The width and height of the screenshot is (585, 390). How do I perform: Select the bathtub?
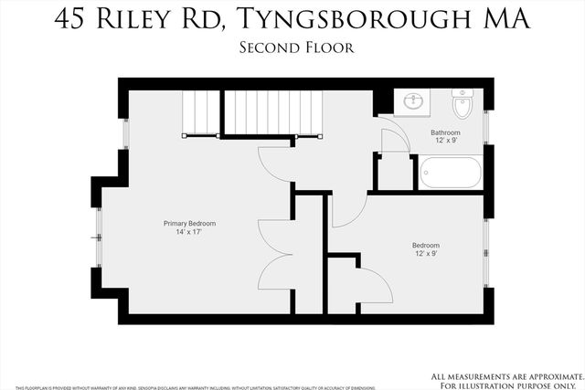(450, 173)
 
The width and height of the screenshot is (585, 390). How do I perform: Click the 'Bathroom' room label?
(445, 132)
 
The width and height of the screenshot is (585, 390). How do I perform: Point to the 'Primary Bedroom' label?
(189, 224)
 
